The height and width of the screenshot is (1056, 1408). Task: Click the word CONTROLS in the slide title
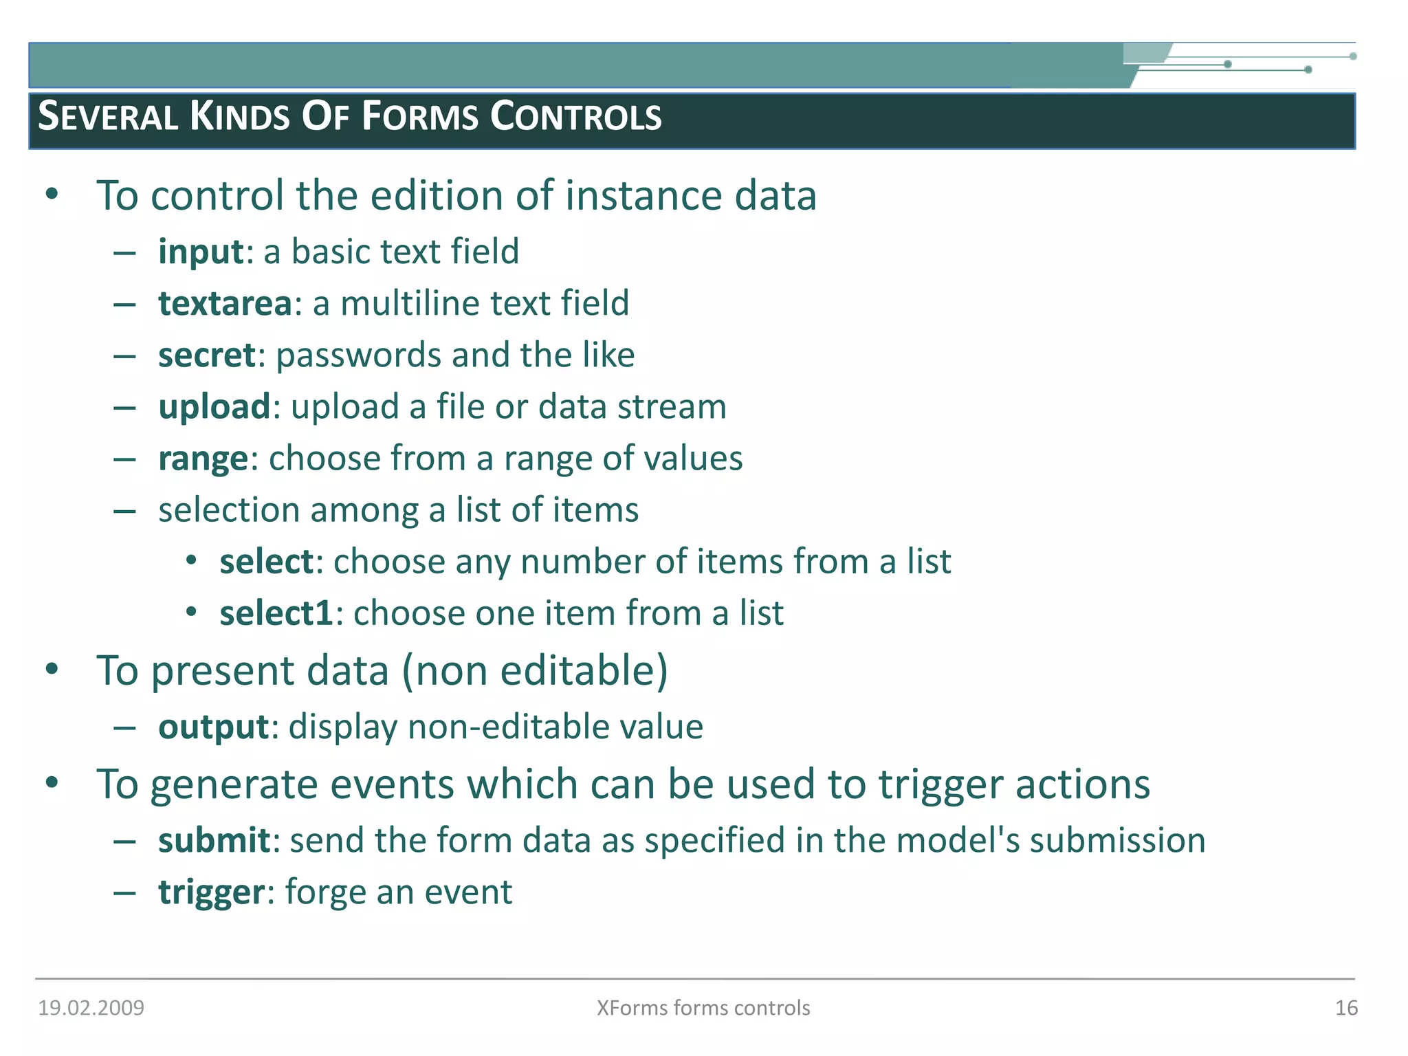(x=575, y=117)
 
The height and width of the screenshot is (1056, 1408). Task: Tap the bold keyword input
(x=201, y=252)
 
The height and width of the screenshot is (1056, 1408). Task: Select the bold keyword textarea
(x=225, y=304)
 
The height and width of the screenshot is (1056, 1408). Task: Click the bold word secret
(x=207, y=355)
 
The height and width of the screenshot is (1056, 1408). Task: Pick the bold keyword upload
(x=214, y=407)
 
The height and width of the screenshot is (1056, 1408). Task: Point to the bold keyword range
(x=203, y=459)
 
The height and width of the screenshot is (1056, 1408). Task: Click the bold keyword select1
(x=276, y=613)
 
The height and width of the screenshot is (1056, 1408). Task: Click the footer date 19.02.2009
(x=91, y=1008)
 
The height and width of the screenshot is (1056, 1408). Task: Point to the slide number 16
(x=1346, y=1008)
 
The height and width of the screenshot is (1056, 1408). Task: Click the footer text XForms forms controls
(x=703, y=1008)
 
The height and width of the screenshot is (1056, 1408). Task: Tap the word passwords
(x=358, y=356)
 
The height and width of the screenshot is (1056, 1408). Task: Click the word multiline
(x=401, y=304)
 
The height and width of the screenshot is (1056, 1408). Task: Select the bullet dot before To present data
(x=52, y=670)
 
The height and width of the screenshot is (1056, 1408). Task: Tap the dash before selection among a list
(x=124, y=511)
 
